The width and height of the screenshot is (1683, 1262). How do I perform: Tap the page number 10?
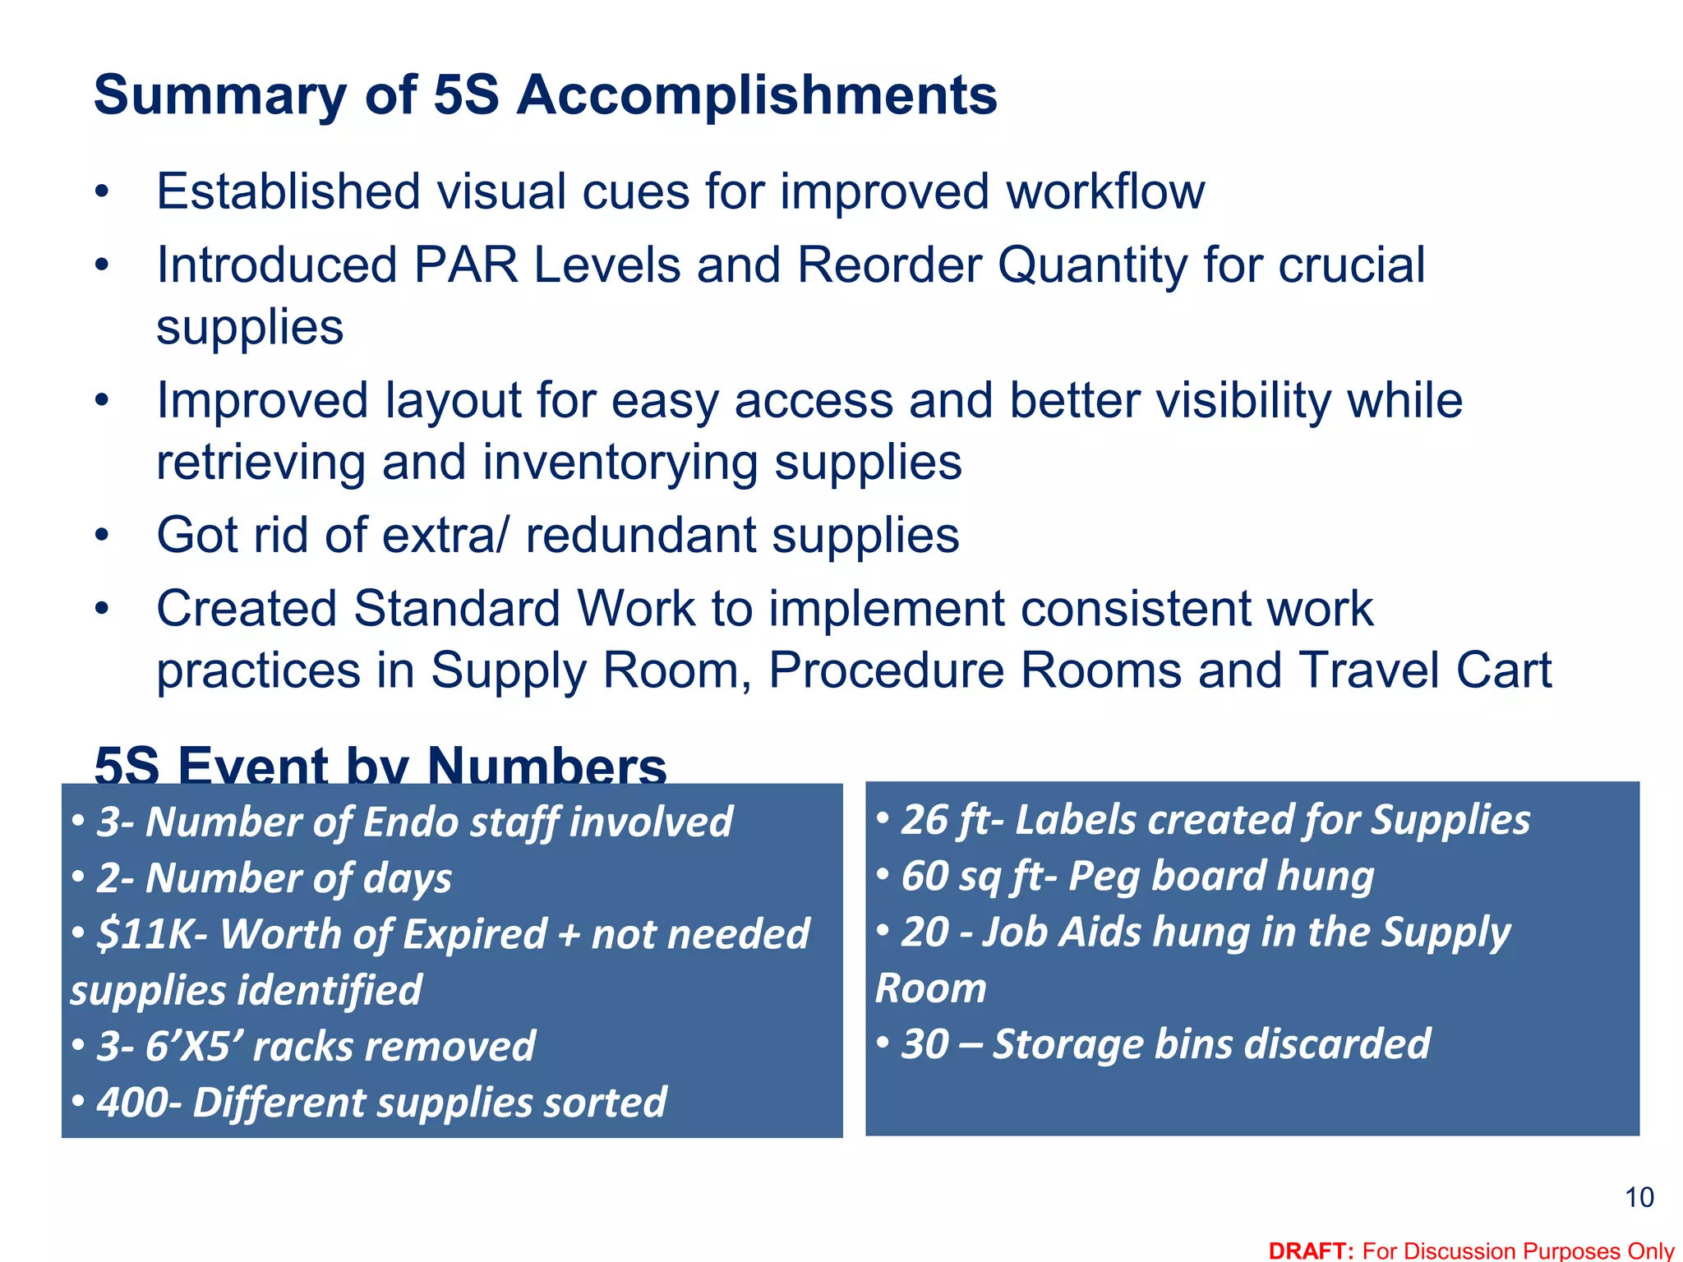click(1639, 1198)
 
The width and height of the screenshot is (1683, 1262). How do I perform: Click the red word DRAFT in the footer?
click(1311, 1250)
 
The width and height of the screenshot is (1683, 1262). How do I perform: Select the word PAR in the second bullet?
click(466, 265)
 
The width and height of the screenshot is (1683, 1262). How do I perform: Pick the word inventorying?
click(620, 463)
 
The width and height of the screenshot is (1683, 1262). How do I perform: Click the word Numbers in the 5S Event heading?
click(546, 766)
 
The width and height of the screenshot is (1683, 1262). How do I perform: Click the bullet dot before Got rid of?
click(101, 536)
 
